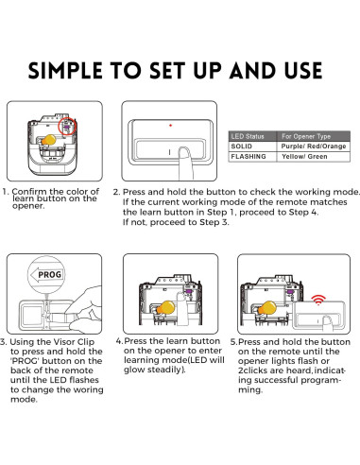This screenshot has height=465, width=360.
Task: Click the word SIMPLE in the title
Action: click(x=65, y=70)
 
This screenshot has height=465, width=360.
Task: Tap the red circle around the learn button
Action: click(x=60, y=126)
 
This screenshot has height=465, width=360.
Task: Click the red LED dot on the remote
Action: click(x=170, y=126)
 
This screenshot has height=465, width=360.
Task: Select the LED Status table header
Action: click(x=248, y=136)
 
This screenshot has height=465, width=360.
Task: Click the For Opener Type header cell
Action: click(x=306, y=136)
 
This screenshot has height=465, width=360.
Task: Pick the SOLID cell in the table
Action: click(x=242, y=146)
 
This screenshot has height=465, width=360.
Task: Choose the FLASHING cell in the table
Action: click(x=249, y=157)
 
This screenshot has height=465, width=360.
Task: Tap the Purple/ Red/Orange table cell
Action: click(x=314, y=146)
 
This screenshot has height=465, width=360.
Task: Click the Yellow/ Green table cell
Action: click(x=304, y=157)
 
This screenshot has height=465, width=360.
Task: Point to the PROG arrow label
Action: click(x=46, y=275)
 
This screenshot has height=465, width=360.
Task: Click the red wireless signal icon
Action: click(x=318, y=300)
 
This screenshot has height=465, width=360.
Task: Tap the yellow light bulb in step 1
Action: click(x=49, y=140)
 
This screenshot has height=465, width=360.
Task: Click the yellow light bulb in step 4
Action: click(x=166, y=307)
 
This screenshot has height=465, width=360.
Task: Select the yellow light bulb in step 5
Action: click(x=267, y=308)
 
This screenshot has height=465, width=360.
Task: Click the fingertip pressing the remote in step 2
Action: click(x=184, y=151)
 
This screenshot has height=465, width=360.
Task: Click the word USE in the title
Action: click(x=303, y=70)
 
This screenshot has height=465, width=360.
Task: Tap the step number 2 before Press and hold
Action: click(x=115, y=192)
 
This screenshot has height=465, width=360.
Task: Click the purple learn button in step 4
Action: click(x=188, y=292)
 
